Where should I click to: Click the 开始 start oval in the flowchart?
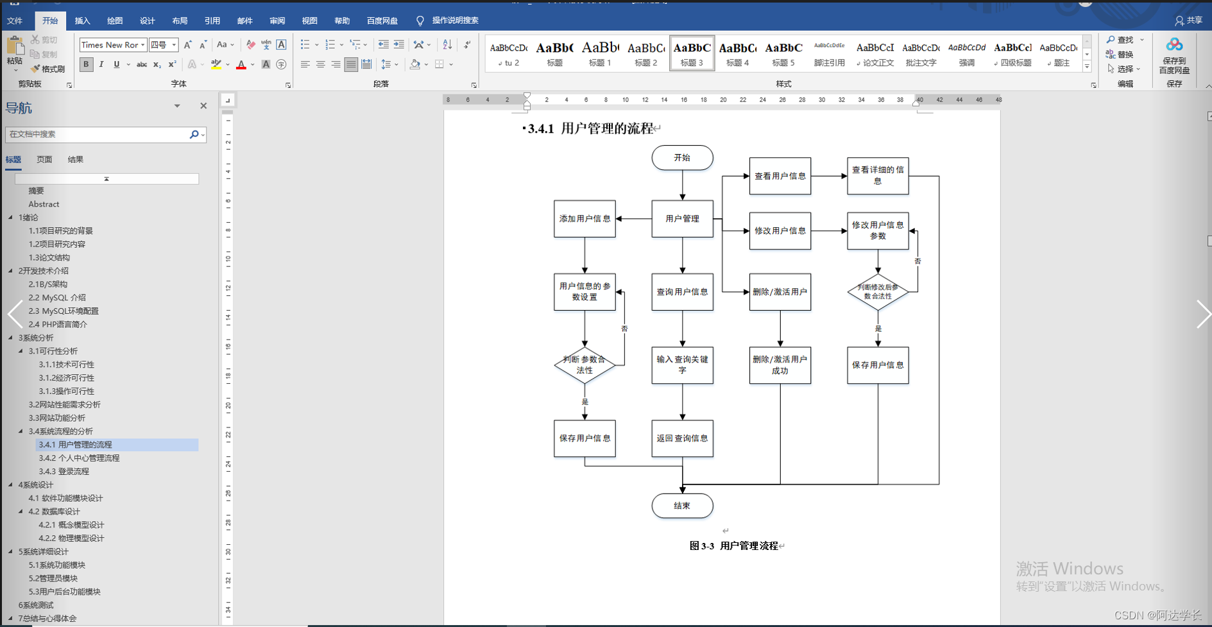[682, 158]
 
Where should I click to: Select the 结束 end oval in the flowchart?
[682, 506]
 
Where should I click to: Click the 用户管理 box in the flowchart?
[682, 219]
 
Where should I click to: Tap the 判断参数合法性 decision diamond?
[585, 365]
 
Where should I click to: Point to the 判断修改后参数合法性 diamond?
[878, 292]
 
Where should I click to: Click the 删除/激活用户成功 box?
[780, 365]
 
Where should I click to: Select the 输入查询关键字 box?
[682, 365]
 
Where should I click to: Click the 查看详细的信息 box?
[878, 176]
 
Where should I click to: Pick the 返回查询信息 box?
[682, 438]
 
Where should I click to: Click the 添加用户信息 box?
[585, 219]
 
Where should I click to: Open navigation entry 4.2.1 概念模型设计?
[71, 525]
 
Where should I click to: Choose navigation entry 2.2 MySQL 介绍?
[57, 298]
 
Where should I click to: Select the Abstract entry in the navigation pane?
[44, 204]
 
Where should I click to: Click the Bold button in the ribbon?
[86, 64]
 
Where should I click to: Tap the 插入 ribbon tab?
[83, 21]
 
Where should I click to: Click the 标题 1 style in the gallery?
[600, 53]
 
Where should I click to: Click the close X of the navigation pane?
[203, 106]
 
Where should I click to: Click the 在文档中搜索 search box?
[96, 134]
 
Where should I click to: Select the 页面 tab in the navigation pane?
[44, 159]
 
